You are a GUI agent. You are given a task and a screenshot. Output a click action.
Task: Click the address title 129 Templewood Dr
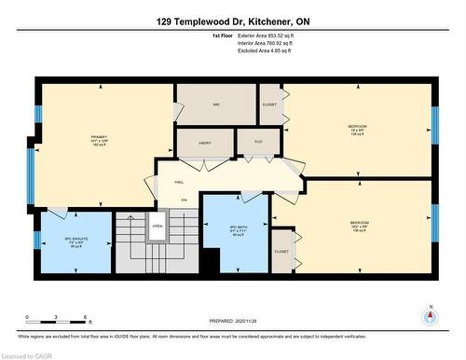232,21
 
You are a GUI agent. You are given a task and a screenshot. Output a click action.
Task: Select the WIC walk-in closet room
215,104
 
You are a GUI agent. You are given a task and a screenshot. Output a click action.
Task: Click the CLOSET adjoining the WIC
269,104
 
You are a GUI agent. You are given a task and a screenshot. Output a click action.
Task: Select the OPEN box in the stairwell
158,226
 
